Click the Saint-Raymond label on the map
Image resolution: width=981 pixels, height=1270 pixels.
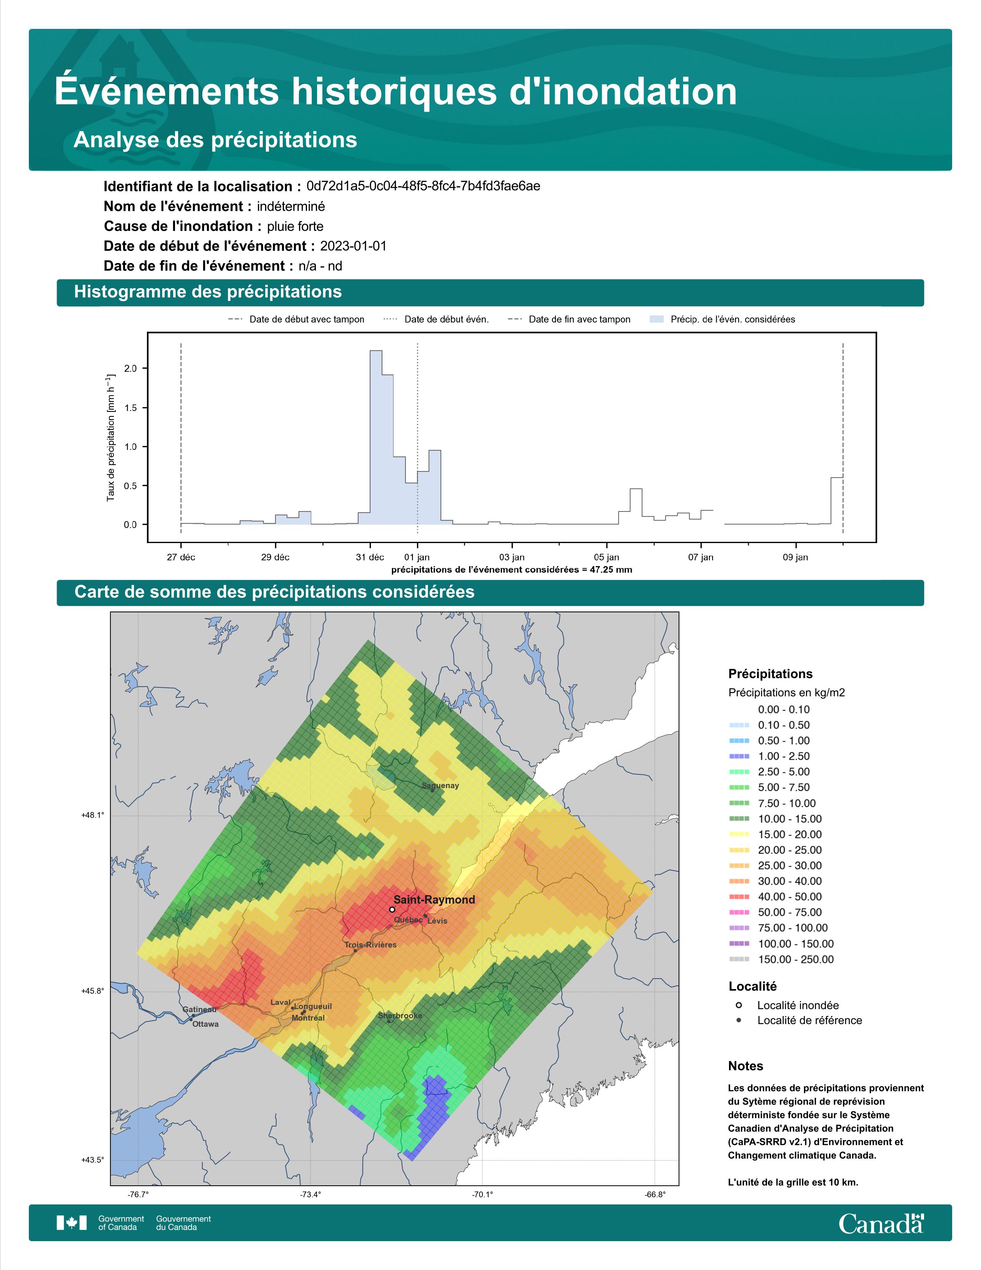click(x=434, y=900)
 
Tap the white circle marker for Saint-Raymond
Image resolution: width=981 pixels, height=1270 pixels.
click(x=392, y=909)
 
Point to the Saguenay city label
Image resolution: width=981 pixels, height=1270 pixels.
click(x=440, y=785)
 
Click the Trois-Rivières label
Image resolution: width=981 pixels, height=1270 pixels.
click(x=370, y=945)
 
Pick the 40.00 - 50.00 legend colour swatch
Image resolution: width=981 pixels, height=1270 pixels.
click(x=739, y=897)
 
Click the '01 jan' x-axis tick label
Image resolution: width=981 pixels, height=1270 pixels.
click(x=417, y=558)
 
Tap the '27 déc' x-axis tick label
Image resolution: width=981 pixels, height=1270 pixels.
click(x=181, y=558)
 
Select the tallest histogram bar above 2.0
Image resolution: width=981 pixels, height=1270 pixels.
click(x=376, y=437)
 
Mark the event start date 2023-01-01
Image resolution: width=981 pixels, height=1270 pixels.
click(x=353, y=246)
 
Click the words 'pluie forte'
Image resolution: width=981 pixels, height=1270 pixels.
click(x=295, y=227)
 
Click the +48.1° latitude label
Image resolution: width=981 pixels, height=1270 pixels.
click(x=93, y=815)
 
